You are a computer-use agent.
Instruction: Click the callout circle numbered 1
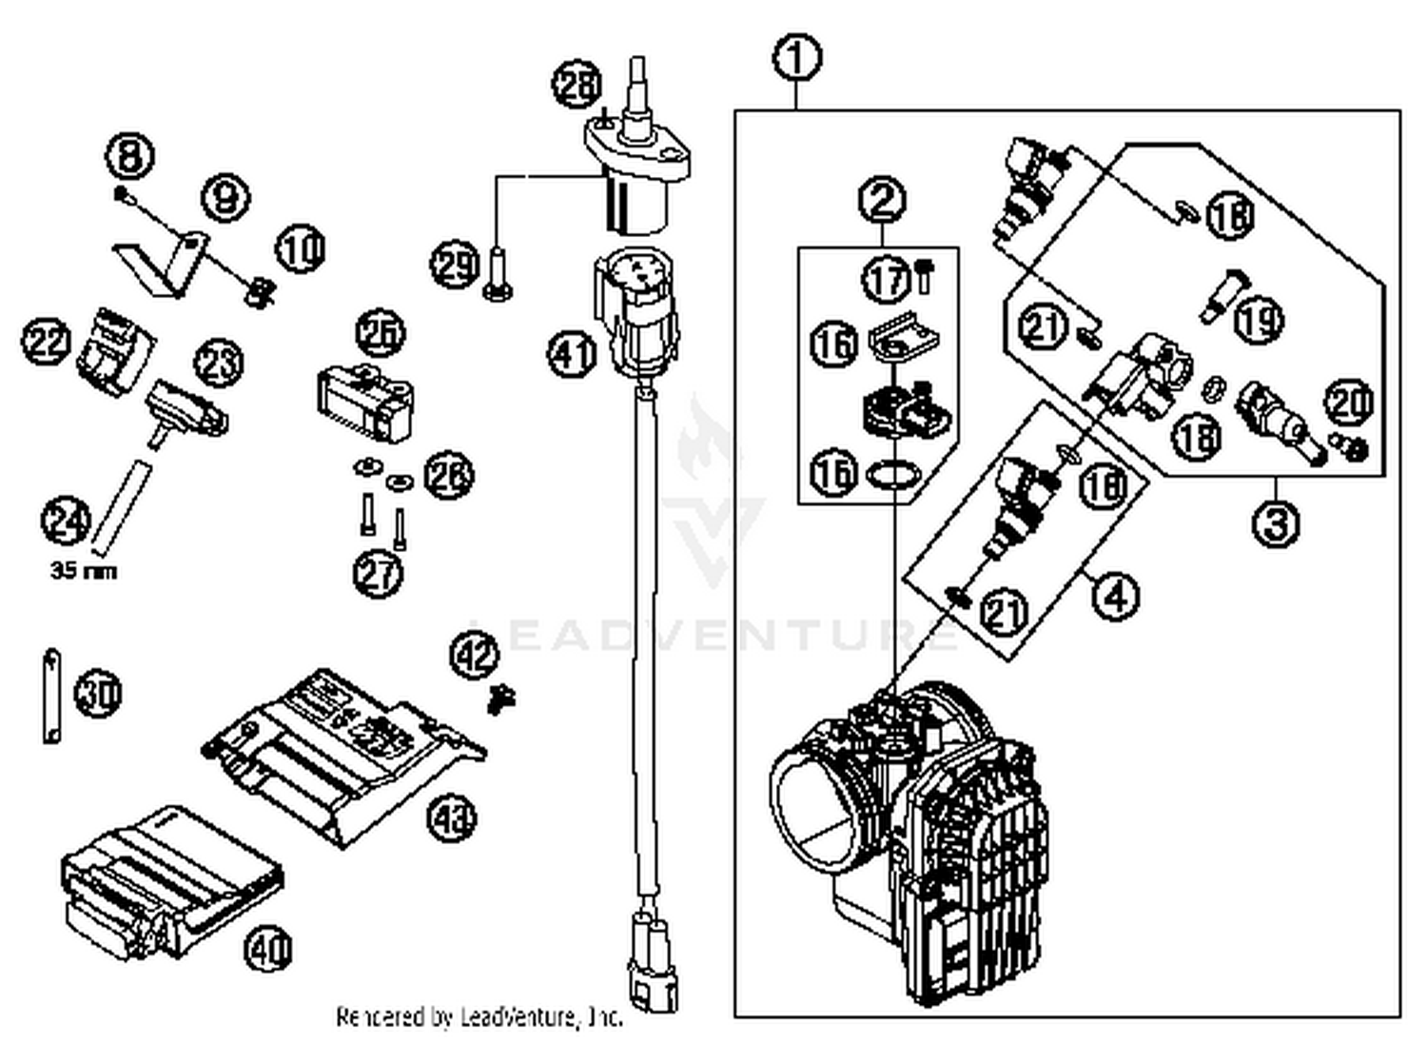point(797,58)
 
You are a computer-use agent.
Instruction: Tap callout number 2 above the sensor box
point(882,200)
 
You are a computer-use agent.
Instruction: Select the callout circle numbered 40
point(269,949)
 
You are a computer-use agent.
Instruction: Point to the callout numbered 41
point(571,354)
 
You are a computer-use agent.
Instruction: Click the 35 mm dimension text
point(83,572)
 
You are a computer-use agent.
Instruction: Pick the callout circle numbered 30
point(98,693)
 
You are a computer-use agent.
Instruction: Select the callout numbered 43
point(451,817)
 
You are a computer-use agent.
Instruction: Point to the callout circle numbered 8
point(129,156)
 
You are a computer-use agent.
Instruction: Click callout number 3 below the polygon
point(1275,523)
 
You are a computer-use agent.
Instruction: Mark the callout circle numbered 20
point(1347,404)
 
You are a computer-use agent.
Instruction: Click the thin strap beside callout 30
point(50,695)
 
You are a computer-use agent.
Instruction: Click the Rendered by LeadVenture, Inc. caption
point(479,1016)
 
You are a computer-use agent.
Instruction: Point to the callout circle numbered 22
point(48,341)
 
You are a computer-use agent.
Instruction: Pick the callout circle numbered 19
point(1259,320)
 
